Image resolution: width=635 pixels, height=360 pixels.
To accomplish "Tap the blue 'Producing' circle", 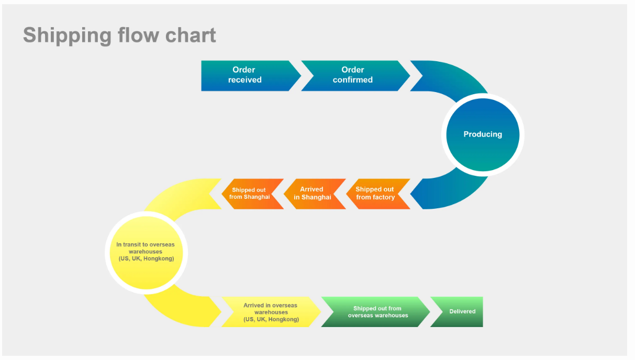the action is [483, 134].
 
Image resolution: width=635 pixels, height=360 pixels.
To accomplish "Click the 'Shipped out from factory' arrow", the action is [378, 194].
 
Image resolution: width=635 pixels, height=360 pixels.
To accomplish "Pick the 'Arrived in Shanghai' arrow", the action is [315, 194].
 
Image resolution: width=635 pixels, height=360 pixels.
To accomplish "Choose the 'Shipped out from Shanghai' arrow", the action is [252, 194].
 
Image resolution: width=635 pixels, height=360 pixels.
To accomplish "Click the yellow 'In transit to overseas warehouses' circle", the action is [146, 253].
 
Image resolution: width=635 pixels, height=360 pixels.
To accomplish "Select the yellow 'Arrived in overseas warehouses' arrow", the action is [271, 312].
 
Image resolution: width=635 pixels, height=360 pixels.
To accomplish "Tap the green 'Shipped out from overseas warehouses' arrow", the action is [376, 312].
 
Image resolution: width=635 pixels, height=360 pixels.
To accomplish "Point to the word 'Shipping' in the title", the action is [68, 36].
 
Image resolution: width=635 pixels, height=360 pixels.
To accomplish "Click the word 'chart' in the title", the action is [191, 35].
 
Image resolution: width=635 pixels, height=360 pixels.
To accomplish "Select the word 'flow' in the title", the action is [139, 35].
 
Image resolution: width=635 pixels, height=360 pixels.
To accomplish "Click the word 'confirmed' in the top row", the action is [353, 80].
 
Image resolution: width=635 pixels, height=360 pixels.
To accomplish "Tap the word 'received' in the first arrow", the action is [244, 80].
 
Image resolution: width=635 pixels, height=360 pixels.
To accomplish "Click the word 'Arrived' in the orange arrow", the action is [311, 189].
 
